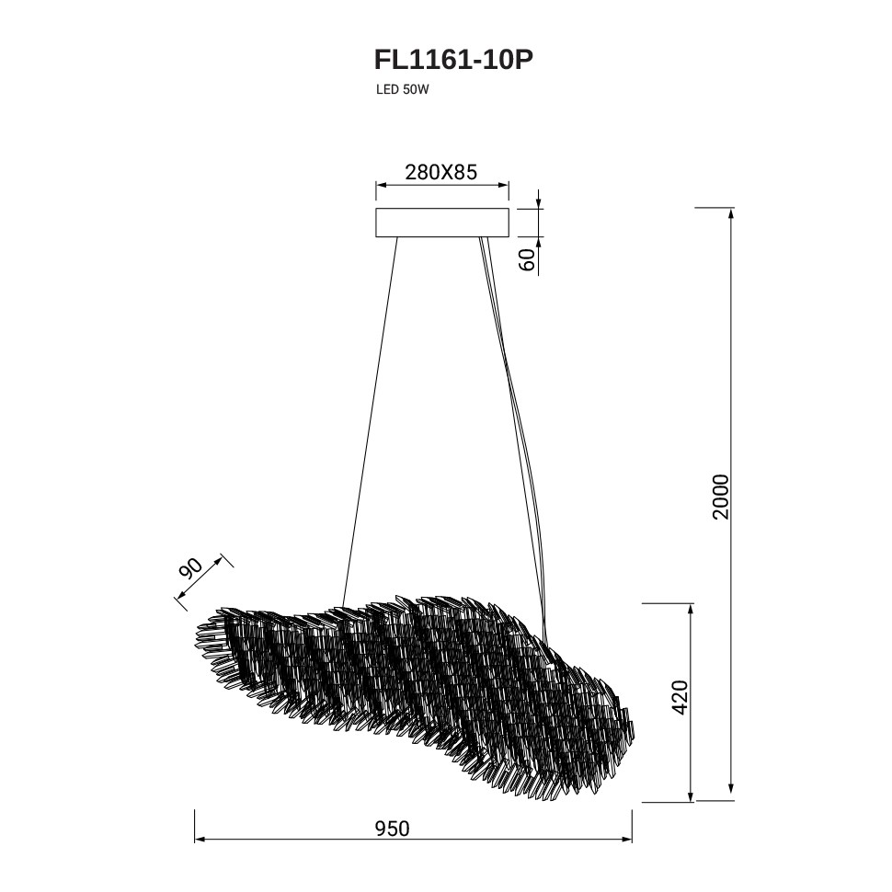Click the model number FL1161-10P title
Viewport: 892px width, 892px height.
(453, 60)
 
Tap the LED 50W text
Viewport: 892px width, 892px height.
(402, 90)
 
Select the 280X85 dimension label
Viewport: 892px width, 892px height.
(440, 172)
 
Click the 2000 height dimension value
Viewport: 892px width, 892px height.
(720, 496)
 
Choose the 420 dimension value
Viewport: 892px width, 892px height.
(680, 697)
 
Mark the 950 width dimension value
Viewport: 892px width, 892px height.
(392, 829)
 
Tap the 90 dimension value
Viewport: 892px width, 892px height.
(191, 567)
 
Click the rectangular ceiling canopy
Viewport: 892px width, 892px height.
(442, 223)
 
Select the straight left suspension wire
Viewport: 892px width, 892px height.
(370, 421)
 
